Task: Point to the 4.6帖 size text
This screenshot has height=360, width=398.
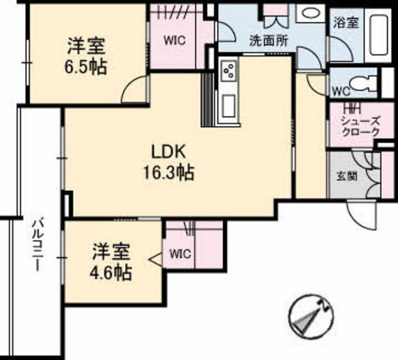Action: tap(113, 273)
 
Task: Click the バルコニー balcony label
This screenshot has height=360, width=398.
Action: tap(37, 246)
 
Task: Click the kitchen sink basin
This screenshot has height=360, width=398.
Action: tap(226, 105)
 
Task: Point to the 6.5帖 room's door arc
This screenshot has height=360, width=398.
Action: tap(135, 92)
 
